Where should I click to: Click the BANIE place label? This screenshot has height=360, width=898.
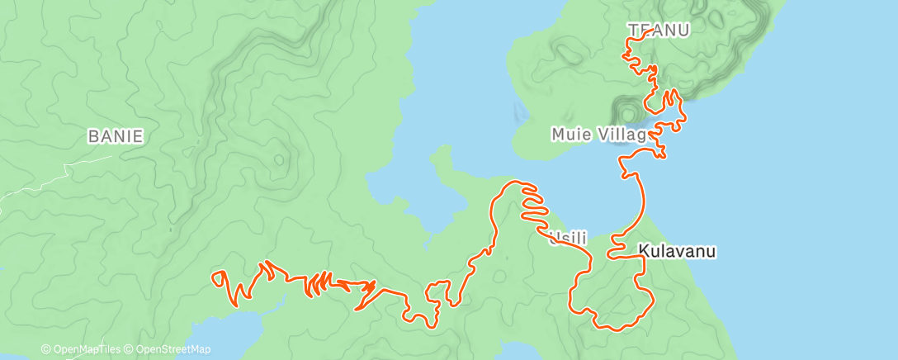pos(116,137)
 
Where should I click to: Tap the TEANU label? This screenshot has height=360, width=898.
pos(658,29)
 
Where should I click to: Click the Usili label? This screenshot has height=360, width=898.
pos(567,238)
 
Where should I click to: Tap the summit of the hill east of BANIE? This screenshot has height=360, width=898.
pos(280,156)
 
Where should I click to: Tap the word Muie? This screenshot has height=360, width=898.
pos(570,134)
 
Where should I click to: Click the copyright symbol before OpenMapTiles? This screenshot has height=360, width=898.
pos(46,350)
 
